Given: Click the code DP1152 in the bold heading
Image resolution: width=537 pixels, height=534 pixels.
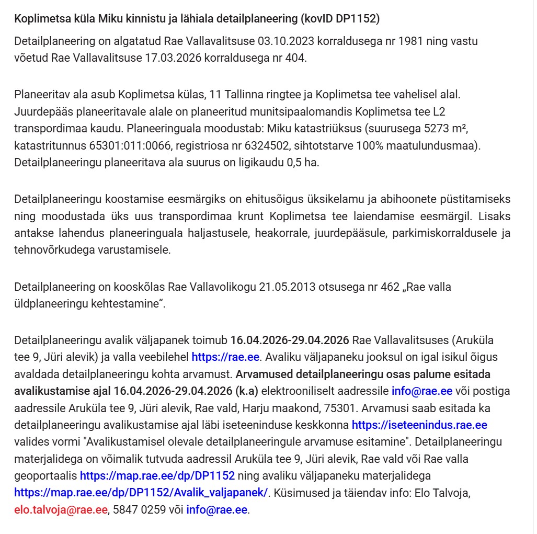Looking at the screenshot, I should (x=356, y=19).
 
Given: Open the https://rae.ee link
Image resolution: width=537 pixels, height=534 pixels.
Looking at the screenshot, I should (x=225, y=357).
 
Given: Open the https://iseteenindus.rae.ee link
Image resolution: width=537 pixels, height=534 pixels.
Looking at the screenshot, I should (x=419, y=425).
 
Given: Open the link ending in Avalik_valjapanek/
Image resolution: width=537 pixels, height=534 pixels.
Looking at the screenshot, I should (x=141, y=492).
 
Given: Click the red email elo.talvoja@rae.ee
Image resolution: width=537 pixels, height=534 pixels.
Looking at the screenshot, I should (x=61, y=509).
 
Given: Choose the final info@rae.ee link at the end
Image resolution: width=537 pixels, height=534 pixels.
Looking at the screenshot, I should (x=217, y=509).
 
